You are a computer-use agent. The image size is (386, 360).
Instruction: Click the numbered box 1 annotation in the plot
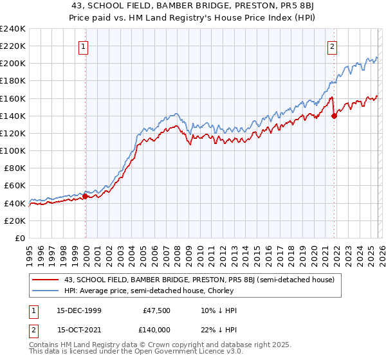tap(85, 46)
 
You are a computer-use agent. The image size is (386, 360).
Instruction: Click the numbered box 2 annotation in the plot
tap(332, 46)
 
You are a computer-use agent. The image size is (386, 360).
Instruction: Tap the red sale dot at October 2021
tap(334, 116)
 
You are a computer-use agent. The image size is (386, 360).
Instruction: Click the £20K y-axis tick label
tap(15, 221)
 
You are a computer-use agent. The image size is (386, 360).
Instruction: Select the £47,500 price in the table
tap(157, 310)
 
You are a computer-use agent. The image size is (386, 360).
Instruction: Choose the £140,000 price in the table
tap(157, 329)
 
